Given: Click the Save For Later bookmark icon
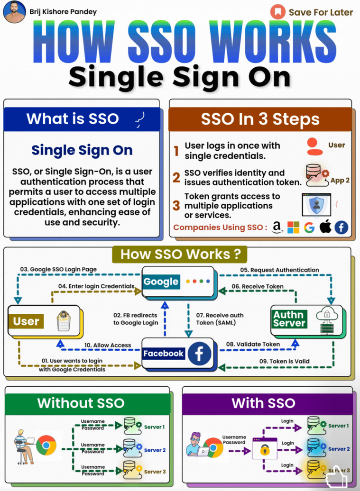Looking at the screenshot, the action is [x=277, y=12].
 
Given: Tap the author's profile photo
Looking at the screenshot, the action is [x=14, y=11].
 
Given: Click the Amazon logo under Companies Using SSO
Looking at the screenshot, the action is [x=277, y=227].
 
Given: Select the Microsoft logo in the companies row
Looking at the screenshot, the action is [x=293, y=227].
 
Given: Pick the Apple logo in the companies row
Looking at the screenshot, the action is [x=325, y=227].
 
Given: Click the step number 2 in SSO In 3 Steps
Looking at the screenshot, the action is [x=176, y=178].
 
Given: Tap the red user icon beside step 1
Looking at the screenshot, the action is [x=314, y=146].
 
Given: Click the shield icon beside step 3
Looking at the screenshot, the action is [x=316, y=205].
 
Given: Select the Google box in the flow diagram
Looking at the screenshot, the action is [x=178, y=282].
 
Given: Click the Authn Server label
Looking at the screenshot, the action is [x=289, y=319].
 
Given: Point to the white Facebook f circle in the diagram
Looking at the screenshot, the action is [x=199, y=354].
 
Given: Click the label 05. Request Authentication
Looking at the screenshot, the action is [x=279, y=270].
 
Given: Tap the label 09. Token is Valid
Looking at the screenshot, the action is [x=284, y=361].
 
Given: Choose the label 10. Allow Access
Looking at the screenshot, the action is [x=108, y=345].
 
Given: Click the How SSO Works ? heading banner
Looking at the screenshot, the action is [x=180, y=254].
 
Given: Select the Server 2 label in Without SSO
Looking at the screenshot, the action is [x=155, y=450].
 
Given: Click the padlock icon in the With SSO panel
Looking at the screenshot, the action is [x=265, y=450].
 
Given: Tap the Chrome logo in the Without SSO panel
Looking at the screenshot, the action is [x=46, y=446].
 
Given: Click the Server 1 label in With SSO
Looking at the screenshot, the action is [x=338, y=426].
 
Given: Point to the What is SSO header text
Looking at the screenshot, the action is [x=73, y=118].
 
